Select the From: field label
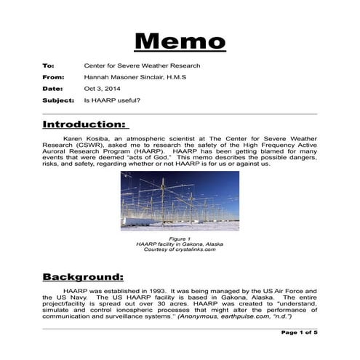point(53,76)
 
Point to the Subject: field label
point(58,100)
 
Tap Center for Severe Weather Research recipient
point(142,65)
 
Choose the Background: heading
point(83,276)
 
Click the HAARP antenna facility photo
point(179,201)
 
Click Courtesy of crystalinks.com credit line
point(179,249)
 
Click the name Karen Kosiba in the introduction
point(90,137)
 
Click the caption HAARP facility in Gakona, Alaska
point(179,244)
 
